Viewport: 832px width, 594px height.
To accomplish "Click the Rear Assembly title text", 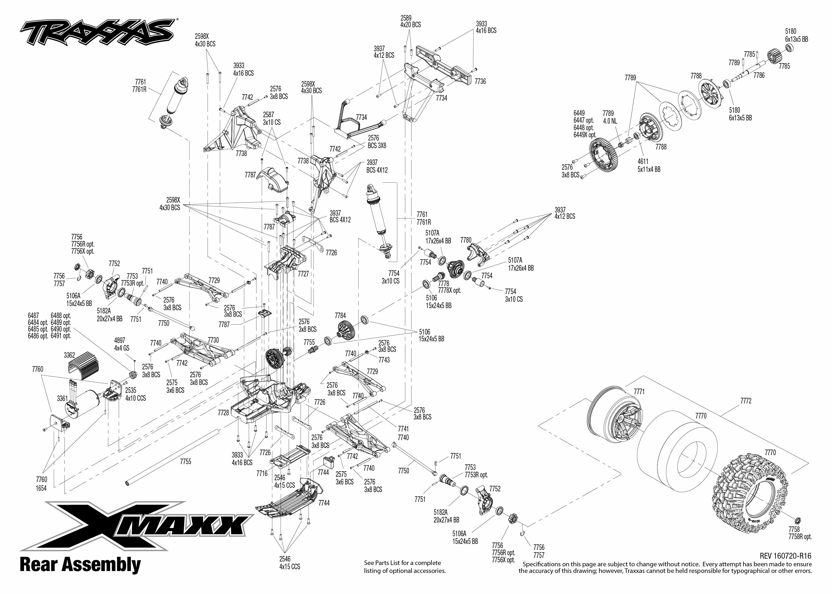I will point(80,564).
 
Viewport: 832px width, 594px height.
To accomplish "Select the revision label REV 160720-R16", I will point(785,556).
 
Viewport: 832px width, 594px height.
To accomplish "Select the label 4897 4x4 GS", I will point(122,345).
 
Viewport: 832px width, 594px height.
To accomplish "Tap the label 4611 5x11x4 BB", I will point(649,165).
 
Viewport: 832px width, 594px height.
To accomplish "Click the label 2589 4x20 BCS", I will point(410,21).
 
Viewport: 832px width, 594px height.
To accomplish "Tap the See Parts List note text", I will point(404,567).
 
